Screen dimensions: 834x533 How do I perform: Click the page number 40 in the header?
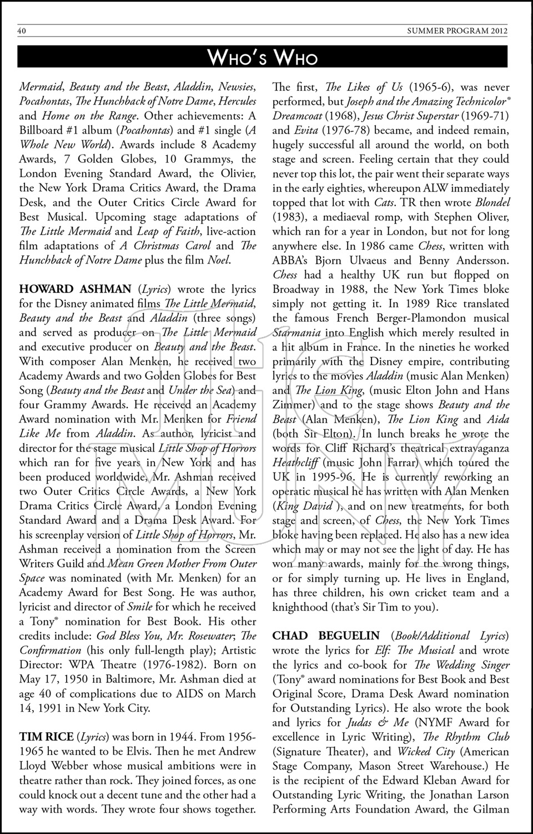(x=22, y=31)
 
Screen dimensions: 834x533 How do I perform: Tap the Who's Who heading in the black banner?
(x=263, y=57)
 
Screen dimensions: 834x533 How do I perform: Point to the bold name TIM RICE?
(x=46, y=737)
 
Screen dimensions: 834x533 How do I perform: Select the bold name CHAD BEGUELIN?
(x=326, y=636)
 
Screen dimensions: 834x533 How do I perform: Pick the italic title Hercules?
(x=237, y=101)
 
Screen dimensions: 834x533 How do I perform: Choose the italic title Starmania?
(x=298, y=332)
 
